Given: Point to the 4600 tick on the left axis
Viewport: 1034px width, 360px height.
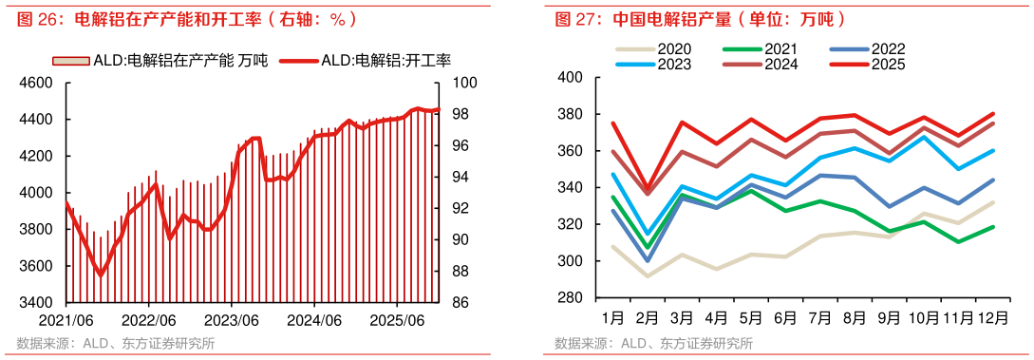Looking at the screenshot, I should point(35,83).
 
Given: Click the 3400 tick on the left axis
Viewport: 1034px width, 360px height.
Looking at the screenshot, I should point(35,303).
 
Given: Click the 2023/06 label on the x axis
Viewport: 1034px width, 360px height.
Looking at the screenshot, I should point(233,321).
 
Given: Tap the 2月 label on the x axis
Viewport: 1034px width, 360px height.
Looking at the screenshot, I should point(647,315).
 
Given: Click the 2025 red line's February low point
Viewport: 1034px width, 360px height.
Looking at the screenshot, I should point(648,189).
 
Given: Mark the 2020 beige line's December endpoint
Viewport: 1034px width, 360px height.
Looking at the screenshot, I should point(993,202).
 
